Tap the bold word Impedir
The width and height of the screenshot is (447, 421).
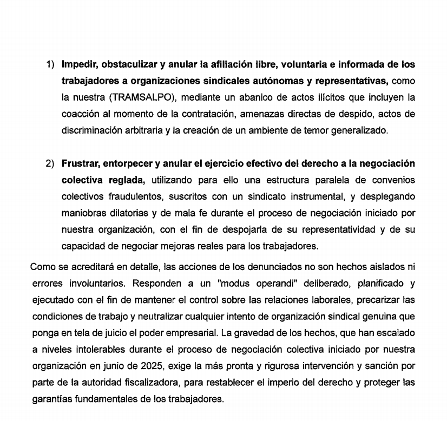coord(79,64)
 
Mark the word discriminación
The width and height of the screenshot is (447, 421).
coord(91,130)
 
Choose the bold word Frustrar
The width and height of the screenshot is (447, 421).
coord(80,164)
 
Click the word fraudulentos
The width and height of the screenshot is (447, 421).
coord(130,197)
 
